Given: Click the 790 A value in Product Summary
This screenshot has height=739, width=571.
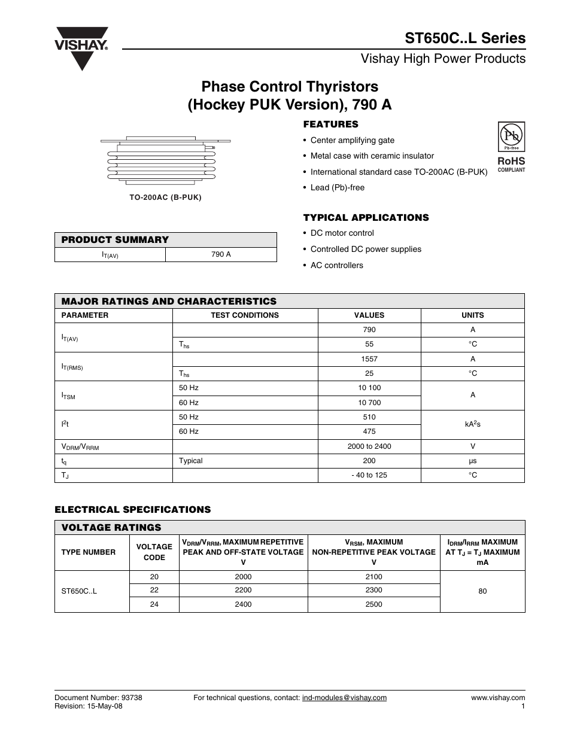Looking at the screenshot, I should pos(221,254).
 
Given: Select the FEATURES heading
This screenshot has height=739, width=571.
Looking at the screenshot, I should pos(330,124).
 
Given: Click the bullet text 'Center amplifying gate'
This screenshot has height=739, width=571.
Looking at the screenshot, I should pos(352,140).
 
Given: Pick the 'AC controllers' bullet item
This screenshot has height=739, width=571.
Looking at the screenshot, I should pos(336,265).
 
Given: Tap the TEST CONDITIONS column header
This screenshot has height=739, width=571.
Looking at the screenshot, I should pos(245,315).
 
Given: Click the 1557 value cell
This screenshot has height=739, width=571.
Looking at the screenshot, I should pos(369,359).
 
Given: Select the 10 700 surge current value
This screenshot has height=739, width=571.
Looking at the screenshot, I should pos(369,403).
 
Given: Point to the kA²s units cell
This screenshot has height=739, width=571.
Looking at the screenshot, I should pos(472,424).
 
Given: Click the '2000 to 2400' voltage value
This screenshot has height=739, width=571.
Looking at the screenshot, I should pos(369,446).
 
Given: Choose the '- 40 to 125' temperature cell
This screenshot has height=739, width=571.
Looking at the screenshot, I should pos(369,475).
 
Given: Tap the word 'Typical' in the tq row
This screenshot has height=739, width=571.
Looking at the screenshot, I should pos(191,461).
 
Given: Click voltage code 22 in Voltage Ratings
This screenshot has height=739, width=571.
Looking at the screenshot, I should pos(154,590).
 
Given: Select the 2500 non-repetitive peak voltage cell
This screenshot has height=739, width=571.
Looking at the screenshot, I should pos(373,604).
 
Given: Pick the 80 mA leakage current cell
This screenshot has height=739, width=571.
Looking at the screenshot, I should pos(482,591).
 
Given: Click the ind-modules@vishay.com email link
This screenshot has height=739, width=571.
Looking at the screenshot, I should pos(344,698).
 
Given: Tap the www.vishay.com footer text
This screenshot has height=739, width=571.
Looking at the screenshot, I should pos(498,698).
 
